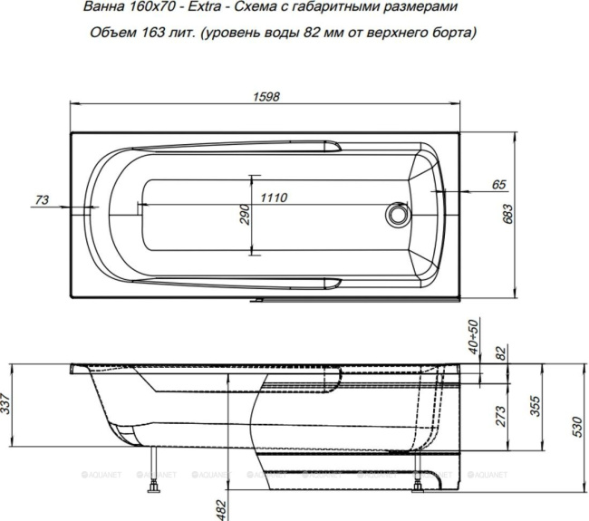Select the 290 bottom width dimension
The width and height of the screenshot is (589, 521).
tap(244, 214)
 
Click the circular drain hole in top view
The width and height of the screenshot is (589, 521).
tap(396, 214)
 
